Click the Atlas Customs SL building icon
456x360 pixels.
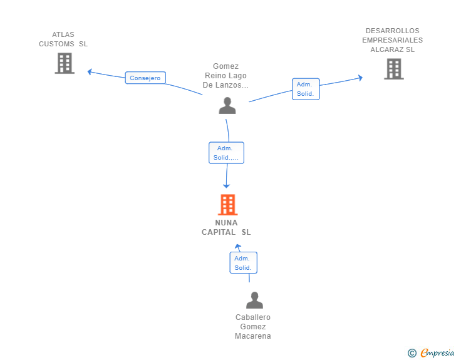(x=65, y=63)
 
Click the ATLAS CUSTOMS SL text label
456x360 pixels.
(x=63, y=39)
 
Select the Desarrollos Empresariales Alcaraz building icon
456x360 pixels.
(x=393, y=69)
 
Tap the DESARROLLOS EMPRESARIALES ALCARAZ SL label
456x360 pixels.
(x=392, y=40)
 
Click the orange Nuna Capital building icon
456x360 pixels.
(x=227, y=205)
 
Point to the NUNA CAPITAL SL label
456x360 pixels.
(x=226, y=227)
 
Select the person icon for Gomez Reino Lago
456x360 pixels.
(x=227, y=106)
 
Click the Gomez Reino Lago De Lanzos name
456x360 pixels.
(x=225, y=76)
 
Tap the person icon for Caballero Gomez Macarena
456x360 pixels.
(x=254, y=301)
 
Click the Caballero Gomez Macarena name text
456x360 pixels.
(x=253, y=327)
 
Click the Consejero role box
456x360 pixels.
(x=145, y=78)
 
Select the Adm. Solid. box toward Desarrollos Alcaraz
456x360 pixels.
(x=306, y=89)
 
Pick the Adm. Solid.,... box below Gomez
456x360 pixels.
(x=226, y=153)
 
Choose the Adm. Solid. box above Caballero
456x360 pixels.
(x=243, y=263)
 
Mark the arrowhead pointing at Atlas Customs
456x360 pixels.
(x=90, y=71)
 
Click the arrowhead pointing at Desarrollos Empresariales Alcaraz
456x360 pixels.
(x=360, y=78)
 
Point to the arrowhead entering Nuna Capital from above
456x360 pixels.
(x=227, y=185)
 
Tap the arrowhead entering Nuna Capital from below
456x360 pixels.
(x=237, y=247)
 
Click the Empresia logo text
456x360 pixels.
(x=437, y=353)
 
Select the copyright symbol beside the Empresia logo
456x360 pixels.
(x=412, y=353)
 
